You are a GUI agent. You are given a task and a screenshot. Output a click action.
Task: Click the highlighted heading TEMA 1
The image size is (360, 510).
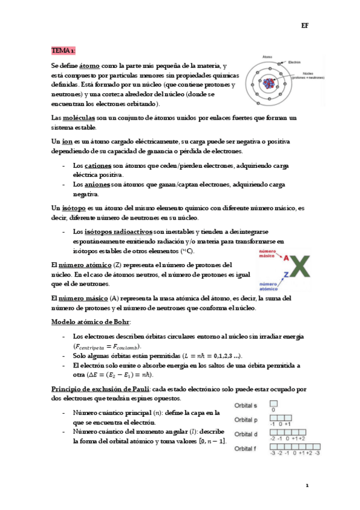coord(63,50)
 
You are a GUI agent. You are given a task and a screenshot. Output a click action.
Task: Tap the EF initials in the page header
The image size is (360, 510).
coord(305,26)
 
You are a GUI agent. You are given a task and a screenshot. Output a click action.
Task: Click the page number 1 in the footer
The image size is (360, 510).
coord(307,484)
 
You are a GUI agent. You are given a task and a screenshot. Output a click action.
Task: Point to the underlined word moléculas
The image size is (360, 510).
coord(82,118)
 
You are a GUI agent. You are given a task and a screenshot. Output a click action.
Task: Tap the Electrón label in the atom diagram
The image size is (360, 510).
coord(294,62)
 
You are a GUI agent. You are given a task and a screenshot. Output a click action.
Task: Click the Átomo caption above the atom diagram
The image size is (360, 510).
coord(267,57)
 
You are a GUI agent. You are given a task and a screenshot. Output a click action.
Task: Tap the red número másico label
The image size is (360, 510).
coord(263,254)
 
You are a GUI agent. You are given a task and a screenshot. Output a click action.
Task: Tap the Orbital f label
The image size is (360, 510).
coord(247,448)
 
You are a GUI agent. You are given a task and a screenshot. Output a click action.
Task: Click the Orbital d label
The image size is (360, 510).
coord(247,434)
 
